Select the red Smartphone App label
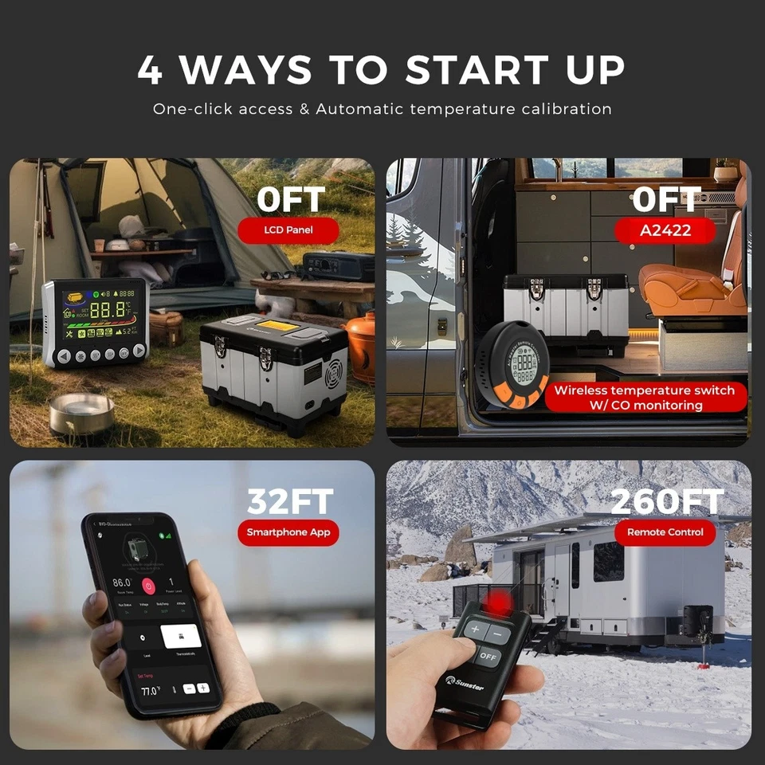(288, 532)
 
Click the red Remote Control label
(665, 532)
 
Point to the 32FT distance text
(289, 501)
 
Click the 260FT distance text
(666, 501)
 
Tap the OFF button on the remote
(489, 657)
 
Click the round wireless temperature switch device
(512, 365)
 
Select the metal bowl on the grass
(80, 412)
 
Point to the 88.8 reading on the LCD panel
(108, 311)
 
